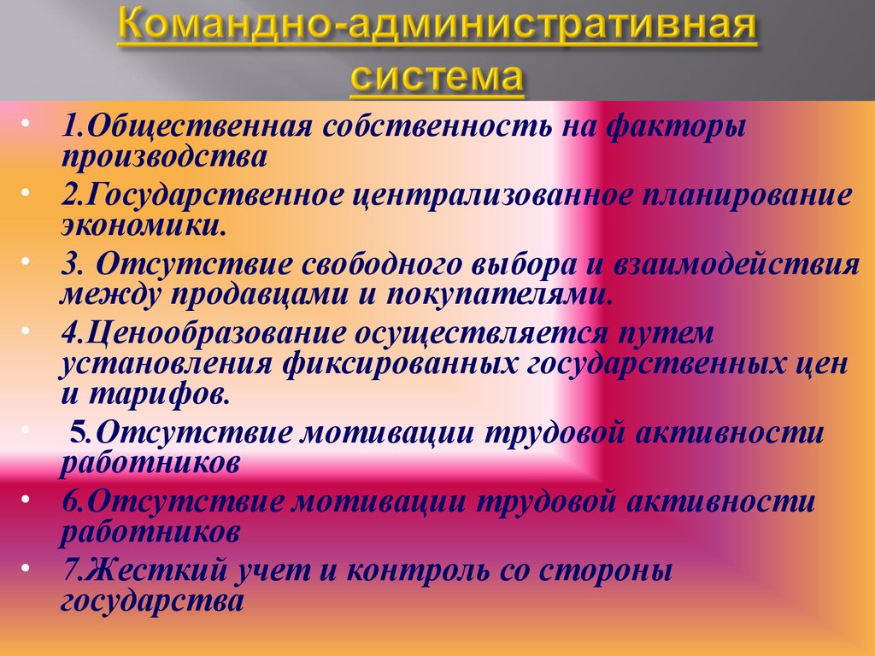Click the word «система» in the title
[437, 76]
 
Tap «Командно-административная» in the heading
[437, 25]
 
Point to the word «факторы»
[676, 127]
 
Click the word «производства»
[164, 157]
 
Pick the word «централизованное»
[493, 196]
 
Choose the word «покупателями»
[496, 295]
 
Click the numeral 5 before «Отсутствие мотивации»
[78, 433]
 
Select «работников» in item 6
[150, 532]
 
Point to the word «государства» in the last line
[152, 601]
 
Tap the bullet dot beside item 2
[25, 192]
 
